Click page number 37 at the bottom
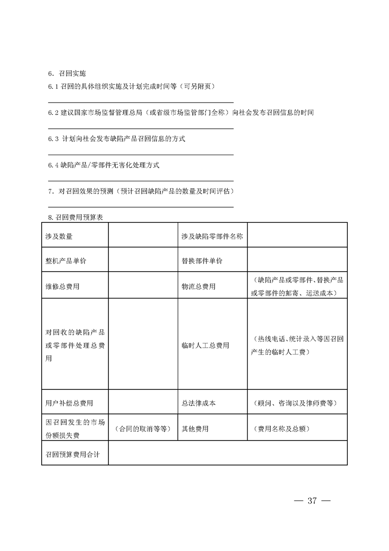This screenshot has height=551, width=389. [312, 501]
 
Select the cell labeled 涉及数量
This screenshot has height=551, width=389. [59, 236]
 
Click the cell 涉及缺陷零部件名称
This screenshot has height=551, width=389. [212, 236]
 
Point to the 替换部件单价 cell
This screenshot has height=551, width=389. [202, 261]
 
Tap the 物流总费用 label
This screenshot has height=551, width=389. [198, 286]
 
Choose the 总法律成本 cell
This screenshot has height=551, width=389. [198, 403]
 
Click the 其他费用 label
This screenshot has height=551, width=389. [195, 429]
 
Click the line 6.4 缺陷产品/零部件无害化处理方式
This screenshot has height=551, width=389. [104, 165]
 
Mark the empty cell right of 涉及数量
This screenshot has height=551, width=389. [142, 236]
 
